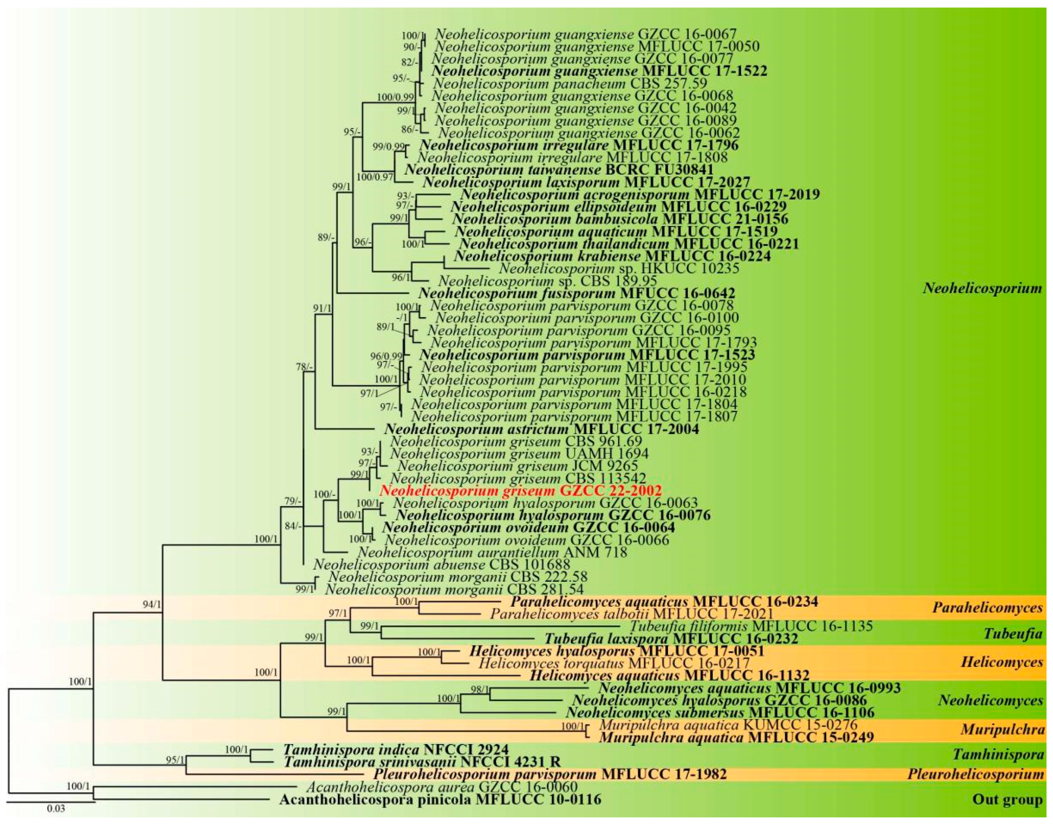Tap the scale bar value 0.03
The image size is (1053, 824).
[x=56, y=809]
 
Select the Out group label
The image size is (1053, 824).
[x=1007, y=800]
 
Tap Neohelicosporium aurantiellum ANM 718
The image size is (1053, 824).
[x=492, y=552]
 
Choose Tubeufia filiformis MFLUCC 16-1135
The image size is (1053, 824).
[x=751, y=626]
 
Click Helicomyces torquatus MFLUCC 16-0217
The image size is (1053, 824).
[x=612, y=663]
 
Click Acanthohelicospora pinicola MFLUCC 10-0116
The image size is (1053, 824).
[x=440, y=800]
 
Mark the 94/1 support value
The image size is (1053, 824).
[x=151, y=605]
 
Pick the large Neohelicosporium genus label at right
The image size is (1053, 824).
[x=982, y=288]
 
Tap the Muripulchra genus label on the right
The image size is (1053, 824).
[x=1002, y=729]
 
